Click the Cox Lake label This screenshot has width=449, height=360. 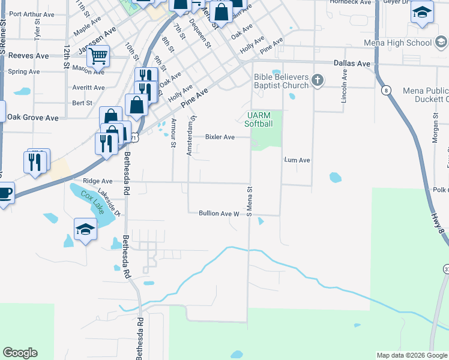click(94, 202)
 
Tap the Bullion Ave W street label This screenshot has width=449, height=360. click(219, 213)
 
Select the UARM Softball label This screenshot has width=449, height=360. click(259, 120)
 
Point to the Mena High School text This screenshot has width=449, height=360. click(397, 43)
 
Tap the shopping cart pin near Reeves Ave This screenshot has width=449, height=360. click(98, 57)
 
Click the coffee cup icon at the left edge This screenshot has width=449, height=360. click(5, 193)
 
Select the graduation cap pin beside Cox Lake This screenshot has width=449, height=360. click(85, 229)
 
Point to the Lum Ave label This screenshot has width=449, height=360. click(297, 160)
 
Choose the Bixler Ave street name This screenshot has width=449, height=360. click(220, 137)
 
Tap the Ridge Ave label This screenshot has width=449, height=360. click(97, 181)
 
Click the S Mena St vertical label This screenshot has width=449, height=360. click(247, 200)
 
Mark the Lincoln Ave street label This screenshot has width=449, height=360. click(345, 86)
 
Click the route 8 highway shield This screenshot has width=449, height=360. click(387, 91)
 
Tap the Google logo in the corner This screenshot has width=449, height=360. click(20, 353)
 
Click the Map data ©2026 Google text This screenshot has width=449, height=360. click(411, 355)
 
